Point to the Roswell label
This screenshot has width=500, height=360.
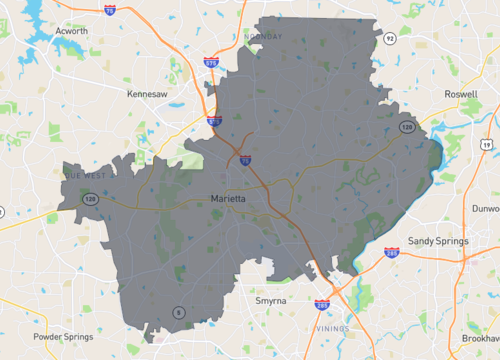(460, 93)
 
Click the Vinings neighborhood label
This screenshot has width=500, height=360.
(333, 326)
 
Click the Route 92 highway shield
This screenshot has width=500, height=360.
(389, 37)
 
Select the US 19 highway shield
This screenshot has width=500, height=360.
(485, 145)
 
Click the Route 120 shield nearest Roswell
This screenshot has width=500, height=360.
(405, 127)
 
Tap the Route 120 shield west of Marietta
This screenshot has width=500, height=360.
(90, 201)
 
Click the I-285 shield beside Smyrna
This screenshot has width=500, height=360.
(321, 304)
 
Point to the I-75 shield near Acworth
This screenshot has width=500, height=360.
(108, 10)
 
